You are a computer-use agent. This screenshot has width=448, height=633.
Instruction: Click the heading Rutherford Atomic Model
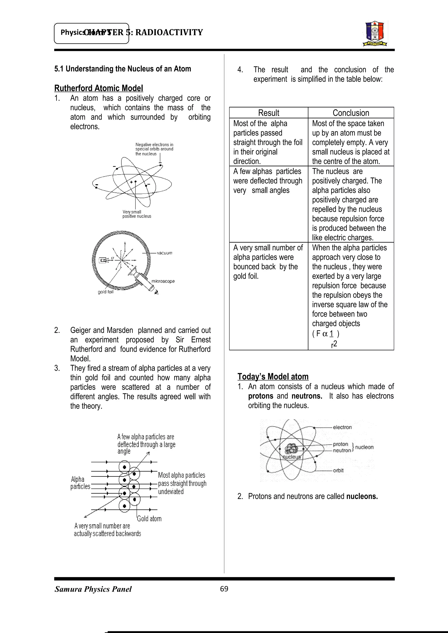pyautogui.click(x=98, y=88)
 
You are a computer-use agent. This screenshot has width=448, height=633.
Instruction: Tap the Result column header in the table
pyautogui.click(x=269, y=113)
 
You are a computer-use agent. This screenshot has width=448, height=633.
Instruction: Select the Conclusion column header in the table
pyautogui.click(x=351, y=113)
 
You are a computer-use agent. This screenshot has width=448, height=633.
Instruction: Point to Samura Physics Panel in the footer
pyautogui.click(x=93, y=589)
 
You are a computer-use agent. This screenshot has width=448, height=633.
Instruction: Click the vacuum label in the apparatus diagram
pyautogui.click(x=164, y=253)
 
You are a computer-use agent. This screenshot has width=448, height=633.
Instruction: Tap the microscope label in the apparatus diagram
pyautogui.click(x=163, y=281)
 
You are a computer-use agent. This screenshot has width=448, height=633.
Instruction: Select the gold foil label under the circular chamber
pyautogui.click(x=105, y=292)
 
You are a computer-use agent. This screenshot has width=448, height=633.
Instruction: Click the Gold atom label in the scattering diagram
pyautogui.click(x=149, y=519)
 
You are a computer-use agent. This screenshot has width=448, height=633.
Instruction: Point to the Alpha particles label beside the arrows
pyautogui.click(x=80, y=483)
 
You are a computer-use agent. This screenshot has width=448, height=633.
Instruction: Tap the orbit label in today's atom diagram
pyautogui.click(x=338, y=470)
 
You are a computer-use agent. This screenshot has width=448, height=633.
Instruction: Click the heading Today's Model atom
pyautogui.click(x=273, y=376)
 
